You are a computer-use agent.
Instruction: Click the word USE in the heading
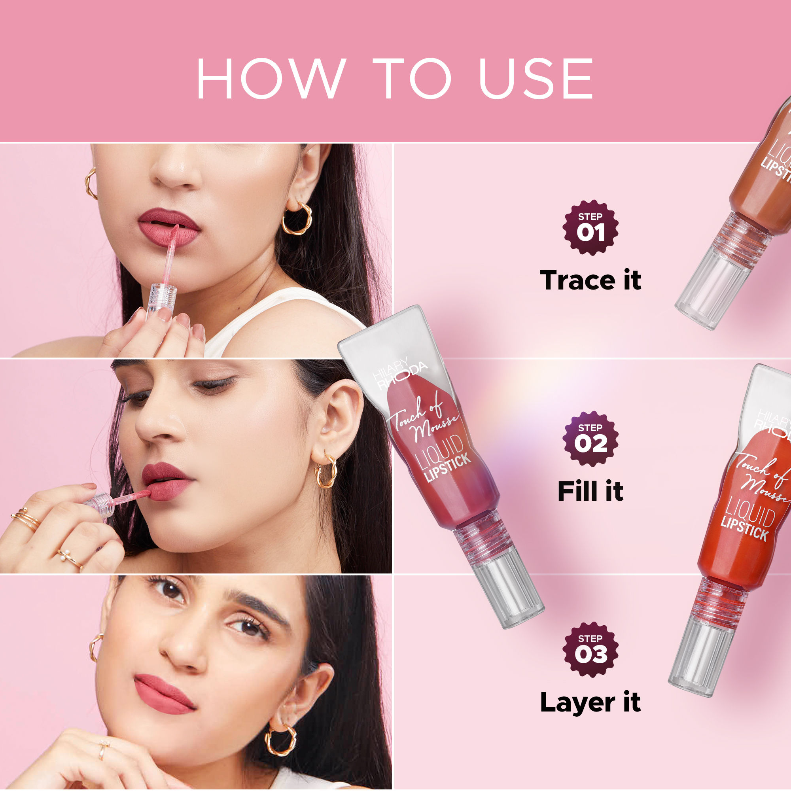tap(536, 79)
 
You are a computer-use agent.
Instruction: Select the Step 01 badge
tap(590, 228)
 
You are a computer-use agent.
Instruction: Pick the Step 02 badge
tap(590, 439)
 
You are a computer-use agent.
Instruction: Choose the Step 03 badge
tap(590, 650)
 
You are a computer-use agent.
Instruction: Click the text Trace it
tap(590, 280)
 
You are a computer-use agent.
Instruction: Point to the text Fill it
tap(590, 491)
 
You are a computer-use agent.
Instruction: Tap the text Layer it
tap(590, 702)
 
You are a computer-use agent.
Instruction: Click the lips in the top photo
tap(169, 228)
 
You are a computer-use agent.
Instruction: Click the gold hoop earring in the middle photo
tap(326, 471)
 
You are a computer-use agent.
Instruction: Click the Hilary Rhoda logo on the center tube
tap(399, 373)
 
